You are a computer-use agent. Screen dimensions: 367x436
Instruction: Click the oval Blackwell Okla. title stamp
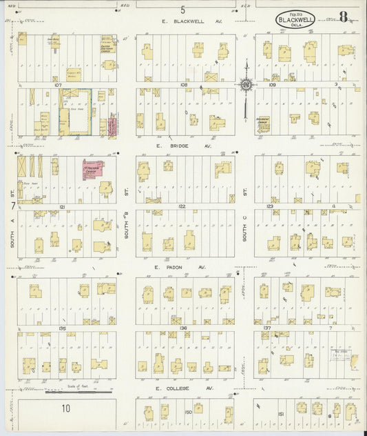(295, 20)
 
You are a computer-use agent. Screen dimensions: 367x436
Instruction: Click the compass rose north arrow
(245, 85)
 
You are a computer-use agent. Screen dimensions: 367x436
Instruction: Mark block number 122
(182, 206)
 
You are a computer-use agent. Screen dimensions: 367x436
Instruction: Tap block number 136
(182, 328)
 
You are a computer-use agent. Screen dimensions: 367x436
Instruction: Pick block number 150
(188, 412)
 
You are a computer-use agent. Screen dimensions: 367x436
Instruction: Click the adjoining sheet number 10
(65, 408)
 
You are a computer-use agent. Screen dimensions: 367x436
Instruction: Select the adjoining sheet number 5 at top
(182, 10)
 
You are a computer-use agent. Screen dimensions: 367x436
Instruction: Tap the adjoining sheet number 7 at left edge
(12, 205)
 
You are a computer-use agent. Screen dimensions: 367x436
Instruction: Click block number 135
(62, 328)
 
